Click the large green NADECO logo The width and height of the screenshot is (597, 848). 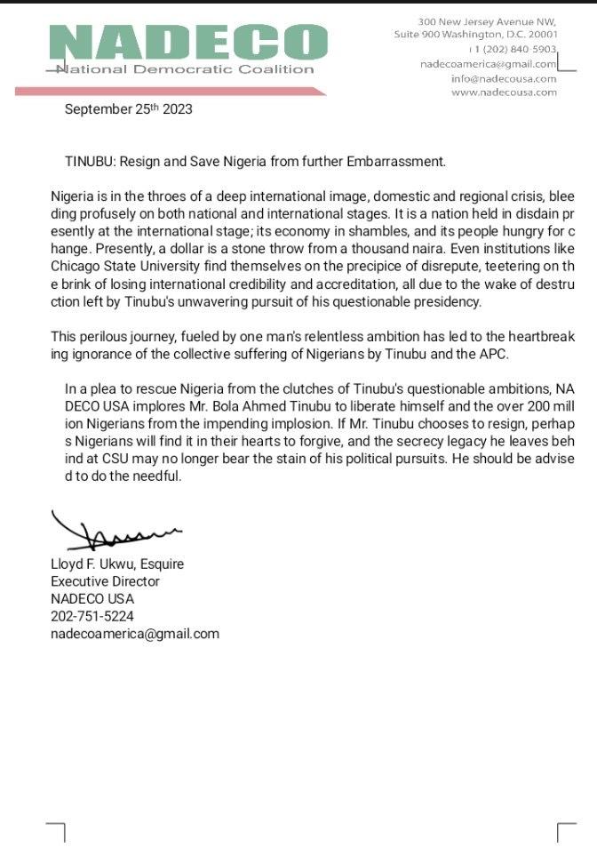[187, 43]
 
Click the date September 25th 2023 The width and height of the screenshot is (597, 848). [128, 109]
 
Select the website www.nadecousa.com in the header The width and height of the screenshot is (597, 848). [504, 92]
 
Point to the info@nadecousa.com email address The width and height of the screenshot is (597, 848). [504, 78]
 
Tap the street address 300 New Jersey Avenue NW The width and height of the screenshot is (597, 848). [487, 20]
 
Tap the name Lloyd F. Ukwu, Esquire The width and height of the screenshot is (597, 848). [117, 564]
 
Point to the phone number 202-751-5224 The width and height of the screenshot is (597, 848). [92, 616]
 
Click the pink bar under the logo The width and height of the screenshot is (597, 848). [169, 91]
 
